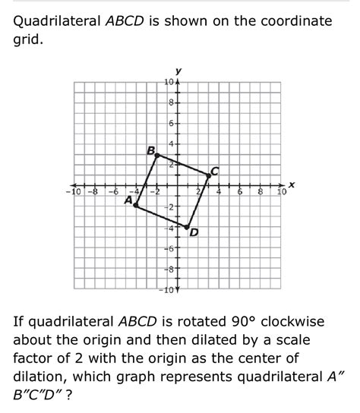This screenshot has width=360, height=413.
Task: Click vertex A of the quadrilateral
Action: tap(136, 205)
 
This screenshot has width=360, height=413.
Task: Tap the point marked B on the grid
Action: tap(156, 154)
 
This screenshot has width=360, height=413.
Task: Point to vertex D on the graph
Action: tap(188, 225)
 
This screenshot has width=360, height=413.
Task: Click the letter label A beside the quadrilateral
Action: tap(128, 200)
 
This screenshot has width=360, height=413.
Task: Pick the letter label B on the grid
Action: tap(150, 150)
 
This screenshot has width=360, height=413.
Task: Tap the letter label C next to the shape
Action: tap(215, 170)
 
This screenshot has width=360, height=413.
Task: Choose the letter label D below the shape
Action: tap(194, 232)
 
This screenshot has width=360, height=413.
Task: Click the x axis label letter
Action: tap(291, 184)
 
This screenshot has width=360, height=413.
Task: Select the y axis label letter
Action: tap(178, 72)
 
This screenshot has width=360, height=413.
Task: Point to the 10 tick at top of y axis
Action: tap(169, 82)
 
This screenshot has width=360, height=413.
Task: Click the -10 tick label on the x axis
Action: tap(72, 191)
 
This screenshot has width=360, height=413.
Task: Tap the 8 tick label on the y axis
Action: tap(172, 102)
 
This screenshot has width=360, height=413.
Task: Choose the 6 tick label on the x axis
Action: tap(241, 191)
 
